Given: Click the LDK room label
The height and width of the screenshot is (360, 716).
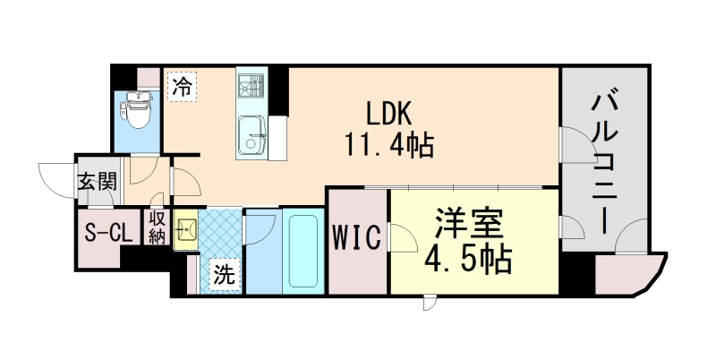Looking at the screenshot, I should point(388,113).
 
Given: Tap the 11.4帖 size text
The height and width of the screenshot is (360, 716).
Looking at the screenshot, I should point(388,143).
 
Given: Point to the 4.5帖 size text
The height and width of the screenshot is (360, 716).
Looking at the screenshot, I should point(469,259).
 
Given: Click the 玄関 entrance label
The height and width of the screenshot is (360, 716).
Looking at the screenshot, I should point(96,182).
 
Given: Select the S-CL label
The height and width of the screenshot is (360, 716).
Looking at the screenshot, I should point(107,235).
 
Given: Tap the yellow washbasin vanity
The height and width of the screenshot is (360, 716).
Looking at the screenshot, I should point(186,230).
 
